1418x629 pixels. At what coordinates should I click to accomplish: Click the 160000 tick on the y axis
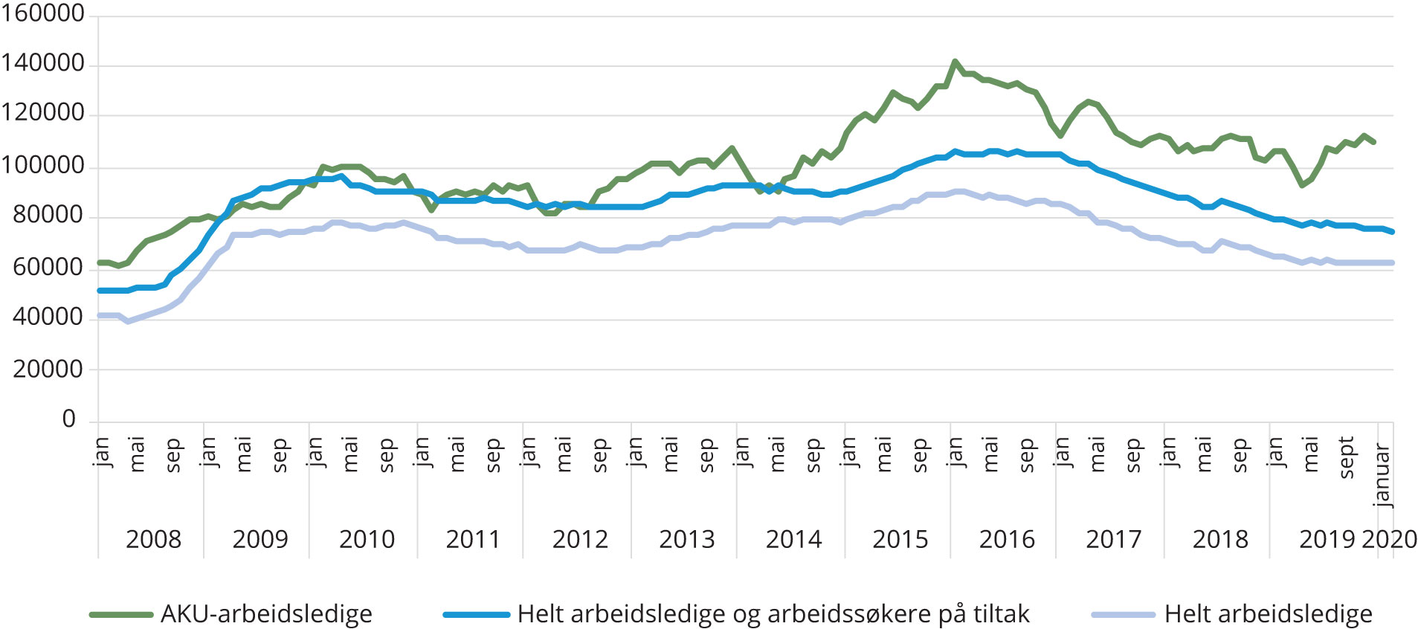[x=42, y=13]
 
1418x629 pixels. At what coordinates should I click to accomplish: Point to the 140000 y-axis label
[x=42, y=64]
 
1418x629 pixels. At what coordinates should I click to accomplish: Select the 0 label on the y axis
[x=68, y=419]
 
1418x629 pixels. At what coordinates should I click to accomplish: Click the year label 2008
[x=153, y=539]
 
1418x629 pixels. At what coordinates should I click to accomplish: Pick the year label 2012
[x=580, y=539]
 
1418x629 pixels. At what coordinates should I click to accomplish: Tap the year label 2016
[x=1007, y=539]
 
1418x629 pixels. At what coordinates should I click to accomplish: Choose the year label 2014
[x=793, y=539]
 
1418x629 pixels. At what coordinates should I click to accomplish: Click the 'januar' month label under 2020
[x=1382, y=475]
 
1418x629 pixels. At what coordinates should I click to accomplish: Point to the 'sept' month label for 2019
[x=1346, y=457]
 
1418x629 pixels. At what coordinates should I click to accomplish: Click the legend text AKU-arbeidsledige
[x=266, y=614]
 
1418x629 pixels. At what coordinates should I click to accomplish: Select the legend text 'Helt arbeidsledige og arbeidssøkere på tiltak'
[x=773, y=614]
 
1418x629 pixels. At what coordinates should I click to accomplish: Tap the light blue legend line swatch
[x=1123, y=615]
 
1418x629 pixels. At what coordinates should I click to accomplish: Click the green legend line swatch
[x=120, y=615]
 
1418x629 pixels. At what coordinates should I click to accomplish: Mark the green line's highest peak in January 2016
[x=955, y=62]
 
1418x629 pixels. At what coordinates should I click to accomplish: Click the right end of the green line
[x=1373, y=142]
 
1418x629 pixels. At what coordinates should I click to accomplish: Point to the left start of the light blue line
[x=100, y=315]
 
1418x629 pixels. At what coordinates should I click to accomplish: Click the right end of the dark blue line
[x=1392, y=232]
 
